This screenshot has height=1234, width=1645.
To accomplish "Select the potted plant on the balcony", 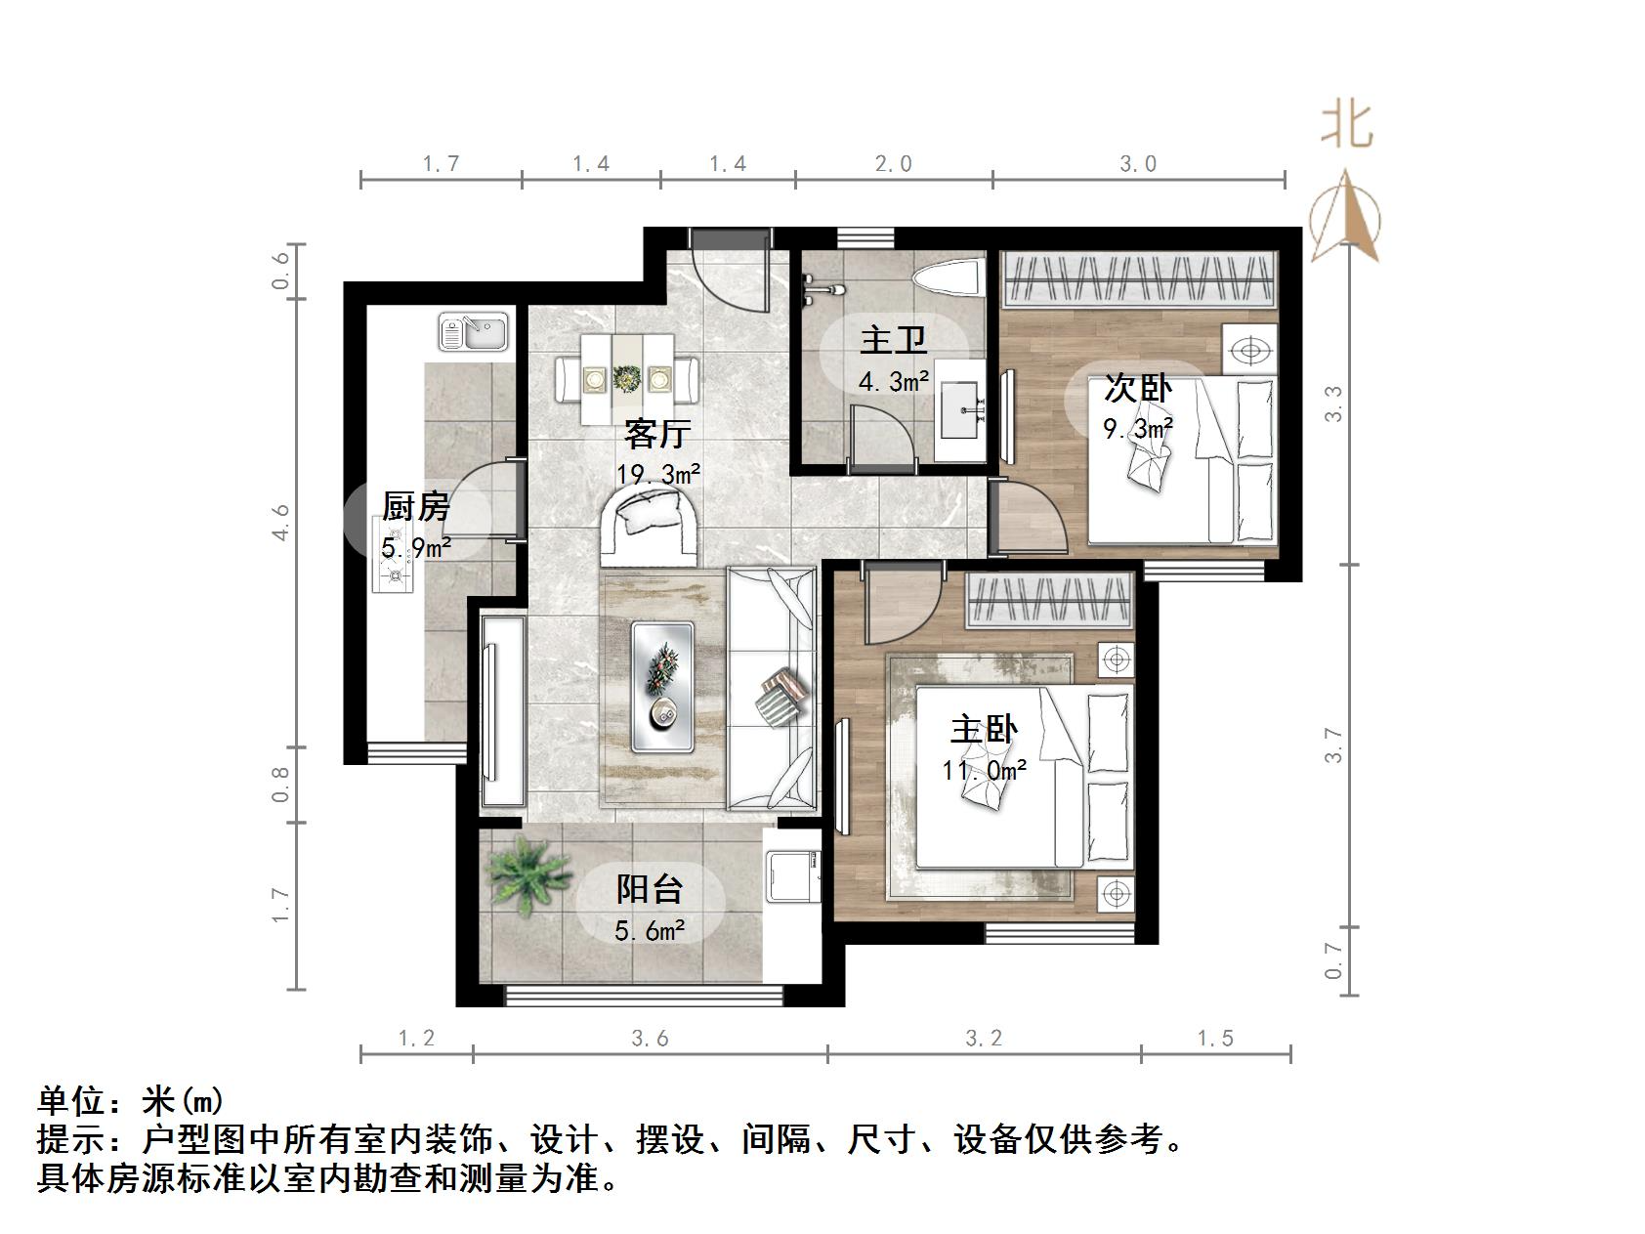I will pyautogui.click(x=528, y=872).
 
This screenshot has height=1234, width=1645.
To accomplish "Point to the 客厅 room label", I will pyautogui.click(x=657, y=434).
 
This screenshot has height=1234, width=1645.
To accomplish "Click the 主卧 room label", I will pyautogui.click(x=984, y=731).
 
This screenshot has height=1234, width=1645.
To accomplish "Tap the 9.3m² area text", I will pyautogui.click(x=1137, y=429).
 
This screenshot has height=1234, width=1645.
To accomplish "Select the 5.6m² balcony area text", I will pyautogui.click(x=649, y=931).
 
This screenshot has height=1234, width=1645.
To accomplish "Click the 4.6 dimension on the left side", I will pyautogui.click(x=280, y=522).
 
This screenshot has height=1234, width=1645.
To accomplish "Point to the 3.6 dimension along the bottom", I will pyautogui.click(x=650, y=1038).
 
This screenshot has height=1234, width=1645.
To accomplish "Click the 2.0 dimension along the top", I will pyautogui.click(x=893, y=163).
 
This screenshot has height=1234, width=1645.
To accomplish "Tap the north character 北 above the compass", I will pyautogui.click(x=1347, y=126).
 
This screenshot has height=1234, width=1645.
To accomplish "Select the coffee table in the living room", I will pyautogui.click(x=664, y=687).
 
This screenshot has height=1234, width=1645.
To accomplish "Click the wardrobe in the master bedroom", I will pyautogui.click(x=1049, y=598).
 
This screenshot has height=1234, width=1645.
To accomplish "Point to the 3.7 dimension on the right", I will pyautogui.click(x=1334, y=745).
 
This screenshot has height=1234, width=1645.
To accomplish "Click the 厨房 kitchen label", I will pyautogui.click(x=415, y=507).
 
